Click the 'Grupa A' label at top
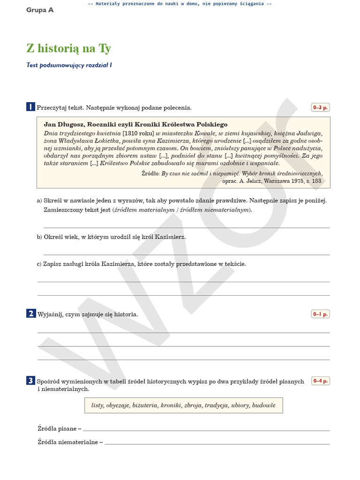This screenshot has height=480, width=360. pos(40,10)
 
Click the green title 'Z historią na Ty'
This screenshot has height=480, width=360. pos(68,49)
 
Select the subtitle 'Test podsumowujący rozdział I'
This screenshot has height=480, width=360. pos(69,66)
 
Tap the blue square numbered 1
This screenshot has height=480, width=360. pos(30,107)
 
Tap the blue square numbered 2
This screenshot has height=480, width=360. pos(30,314)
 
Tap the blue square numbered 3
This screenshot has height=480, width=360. pos(30,381)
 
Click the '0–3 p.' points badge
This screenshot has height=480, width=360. pos(321,107)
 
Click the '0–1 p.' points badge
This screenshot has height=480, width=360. pos(321,314)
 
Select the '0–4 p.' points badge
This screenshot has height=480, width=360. pos(321,381)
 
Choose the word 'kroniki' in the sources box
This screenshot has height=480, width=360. pos(171,405)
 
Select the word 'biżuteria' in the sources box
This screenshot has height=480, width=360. pos(145,405)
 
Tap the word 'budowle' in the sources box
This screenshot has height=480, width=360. pos(264,405)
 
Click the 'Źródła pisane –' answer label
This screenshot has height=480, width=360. pos(59,428)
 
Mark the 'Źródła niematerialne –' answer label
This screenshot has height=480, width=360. pos(70,442)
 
